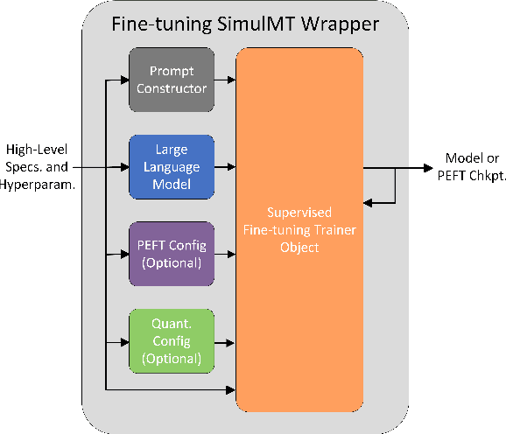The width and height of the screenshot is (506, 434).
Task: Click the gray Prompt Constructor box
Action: (x=171, y=80)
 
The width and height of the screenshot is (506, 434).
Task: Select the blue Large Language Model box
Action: (x=171, y=165)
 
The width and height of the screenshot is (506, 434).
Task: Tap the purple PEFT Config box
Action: (x=171, y=254)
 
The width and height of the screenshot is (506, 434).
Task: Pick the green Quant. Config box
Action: (x=171, y=340)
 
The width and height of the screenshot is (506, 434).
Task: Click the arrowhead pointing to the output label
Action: (x=428, y=166)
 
